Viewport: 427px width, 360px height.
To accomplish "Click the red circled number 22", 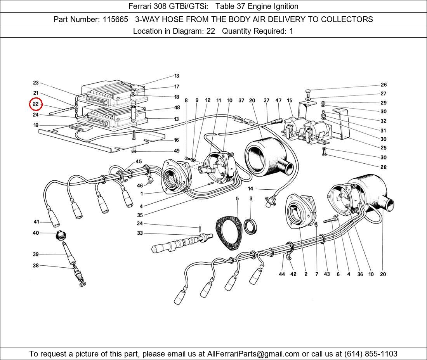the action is click(36, 104).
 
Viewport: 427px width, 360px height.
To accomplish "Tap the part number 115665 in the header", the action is click(115, 19).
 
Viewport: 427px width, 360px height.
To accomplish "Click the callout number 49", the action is click(177, 151).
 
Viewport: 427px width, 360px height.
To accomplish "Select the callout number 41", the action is click(36, 222).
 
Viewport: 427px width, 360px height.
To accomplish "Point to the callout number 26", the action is click(384, 85).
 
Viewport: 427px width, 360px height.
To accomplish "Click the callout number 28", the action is click(384, 167).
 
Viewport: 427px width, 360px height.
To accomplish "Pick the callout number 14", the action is click(250, 189).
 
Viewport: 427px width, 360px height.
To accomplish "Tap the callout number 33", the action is click(140, 233).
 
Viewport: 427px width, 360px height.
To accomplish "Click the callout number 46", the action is click(140, 185).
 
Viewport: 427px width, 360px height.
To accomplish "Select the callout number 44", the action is click(281, 274).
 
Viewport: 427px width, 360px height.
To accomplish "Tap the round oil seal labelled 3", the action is click(250, 226).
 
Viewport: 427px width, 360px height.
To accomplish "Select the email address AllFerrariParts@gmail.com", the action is click(253, 354).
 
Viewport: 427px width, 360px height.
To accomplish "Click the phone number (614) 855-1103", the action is click(371, 354).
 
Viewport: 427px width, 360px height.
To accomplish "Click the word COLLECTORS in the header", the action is click(347, 19).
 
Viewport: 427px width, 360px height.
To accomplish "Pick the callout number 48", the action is click(177, 107).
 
